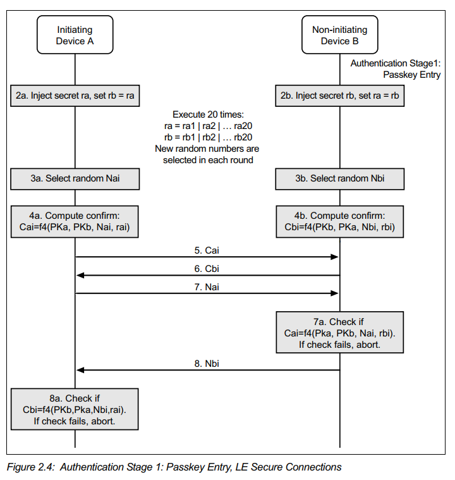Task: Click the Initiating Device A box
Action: click(75, 35)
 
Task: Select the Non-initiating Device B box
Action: click(339, 35)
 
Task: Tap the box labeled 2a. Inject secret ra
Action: click(75, 96)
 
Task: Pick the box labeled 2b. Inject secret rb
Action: click(339, 96)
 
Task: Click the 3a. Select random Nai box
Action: click(75, 179)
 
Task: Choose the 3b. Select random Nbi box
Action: click(339, 179)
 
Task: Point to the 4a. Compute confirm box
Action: click(75, 221)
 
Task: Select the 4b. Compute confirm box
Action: click(339, 221)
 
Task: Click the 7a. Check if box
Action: click(339, 333)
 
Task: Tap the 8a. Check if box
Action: click(75, 409)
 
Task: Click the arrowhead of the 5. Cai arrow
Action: click(335, 257)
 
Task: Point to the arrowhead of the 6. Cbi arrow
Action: click(80, 275)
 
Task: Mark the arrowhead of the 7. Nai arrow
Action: click(335, 293)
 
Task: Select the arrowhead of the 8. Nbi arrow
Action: click(80, 370)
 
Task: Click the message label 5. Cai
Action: click(207, 250)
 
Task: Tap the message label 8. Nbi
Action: click(207, 364)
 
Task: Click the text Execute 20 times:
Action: click(208, 114)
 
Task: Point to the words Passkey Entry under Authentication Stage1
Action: click(412, 75)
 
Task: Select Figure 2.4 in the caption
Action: click(30, 467)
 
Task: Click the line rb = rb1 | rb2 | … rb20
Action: click(208, 137)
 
